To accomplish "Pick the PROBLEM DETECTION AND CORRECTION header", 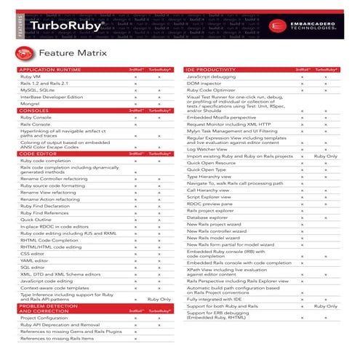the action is point(48,309).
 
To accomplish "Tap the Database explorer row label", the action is point(207,217).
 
